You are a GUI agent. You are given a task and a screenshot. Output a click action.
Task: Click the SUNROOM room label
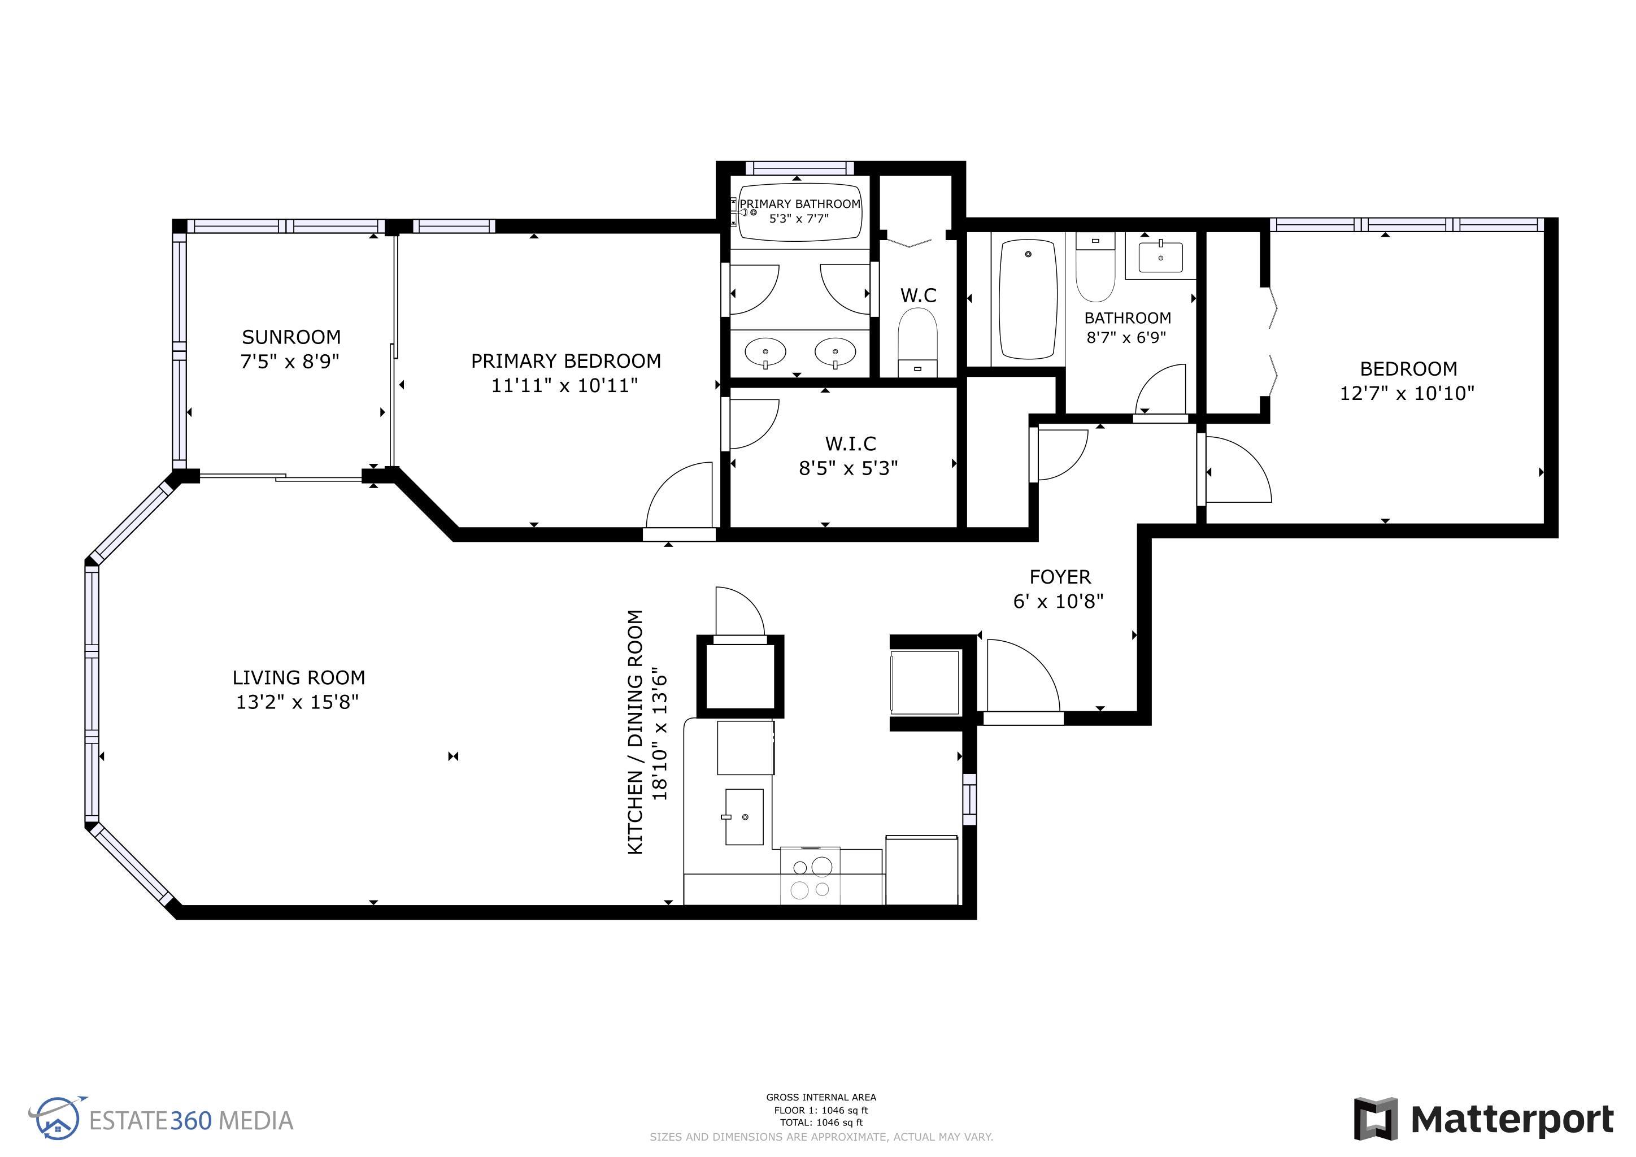coord(291,337)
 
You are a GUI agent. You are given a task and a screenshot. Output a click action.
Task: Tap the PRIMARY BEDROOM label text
coord(565,361)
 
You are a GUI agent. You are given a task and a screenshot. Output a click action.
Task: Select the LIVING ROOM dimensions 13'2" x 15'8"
coord(297,702)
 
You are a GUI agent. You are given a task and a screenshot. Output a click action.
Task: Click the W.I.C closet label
coord(850,444)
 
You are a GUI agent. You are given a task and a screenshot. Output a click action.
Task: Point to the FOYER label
coord(1060,576)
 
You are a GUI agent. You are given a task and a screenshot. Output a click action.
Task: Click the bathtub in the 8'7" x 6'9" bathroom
coord(1028,299)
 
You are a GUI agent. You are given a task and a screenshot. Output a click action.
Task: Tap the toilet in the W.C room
coord(918,342)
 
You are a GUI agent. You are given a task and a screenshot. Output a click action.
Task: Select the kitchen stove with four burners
coord(811,876)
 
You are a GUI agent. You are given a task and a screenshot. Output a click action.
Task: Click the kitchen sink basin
coord(744,816)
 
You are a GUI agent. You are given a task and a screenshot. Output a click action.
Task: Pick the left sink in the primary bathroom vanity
coord(765,351)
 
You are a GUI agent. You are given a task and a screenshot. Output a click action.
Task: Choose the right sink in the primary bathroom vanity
coord(835,351)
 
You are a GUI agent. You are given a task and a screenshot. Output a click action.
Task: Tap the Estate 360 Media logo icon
coord(57,1118)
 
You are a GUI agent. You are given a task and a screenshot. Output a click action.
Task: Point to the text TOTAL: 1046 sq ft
coord(821,1122)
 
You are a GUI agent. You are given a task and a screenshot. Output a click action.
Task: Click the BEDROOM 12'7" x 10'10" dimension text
coord(1407,393)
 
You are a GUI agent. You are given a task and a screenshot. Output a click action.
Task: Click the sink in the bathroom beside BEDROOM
coord(1161,257)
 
